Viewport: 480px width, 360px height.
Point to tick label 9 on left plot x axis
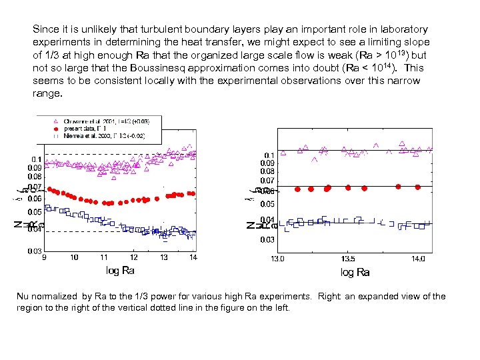(45, 257)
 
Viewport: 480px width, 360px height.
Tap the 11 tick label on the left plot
(103, 257)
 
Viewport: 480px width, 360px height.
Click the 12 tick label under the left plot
(134, 257)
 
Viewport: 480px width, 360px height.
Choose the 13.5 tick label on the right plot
(347, 259)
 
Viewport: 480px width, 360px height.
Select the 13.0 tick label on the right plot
(277, 259)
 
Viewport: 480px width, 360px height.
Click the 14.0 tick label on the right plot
(418, 259)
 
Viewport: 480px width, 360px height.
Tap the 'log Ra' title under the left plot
(120, 271)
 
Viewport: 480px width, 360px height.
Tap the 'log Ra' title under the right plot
(355, 272)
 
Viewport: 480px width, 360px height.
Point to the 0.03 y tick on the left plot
(35, 251)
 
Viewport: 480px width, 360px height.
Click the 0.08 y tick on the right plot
(267, 171)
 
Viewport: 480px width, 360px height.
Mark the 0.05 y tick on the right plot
(267, 204)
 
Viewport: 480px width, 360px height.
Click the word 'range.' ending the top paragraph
(47, 93)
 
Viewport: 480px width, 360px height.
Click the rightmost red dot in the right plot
(417, 187)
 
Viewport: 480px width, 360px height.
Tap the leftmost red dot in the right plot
(297, 189)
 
